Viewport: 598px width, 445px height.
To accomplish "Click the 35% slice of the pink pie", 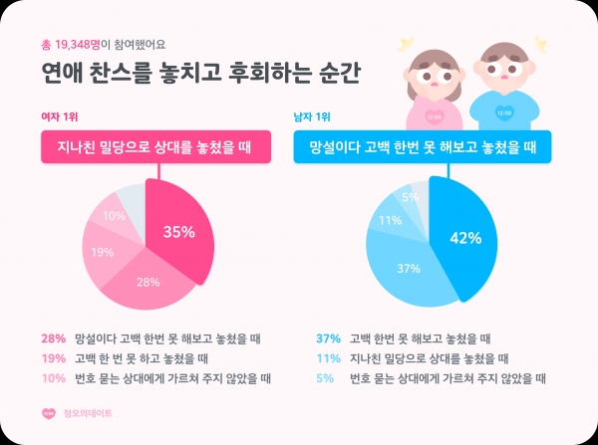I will tap(179, 233).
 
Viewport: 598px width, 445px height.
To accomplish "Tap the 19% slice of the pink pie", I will tap(103, 252).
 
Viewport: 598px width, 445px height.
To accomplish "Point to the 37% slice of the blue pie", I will tap(406, 269).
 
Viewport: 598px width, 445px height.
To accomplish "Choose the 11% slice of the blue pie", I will tap(391, 220).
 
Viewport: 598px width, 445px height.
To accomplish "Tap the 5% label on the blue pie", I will tap(410, 197).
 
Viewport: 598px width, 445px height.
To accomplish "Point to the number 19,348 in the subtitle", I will tap(76, 43).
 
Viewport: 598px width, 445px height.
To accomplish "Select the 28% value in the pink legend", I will tap(53, 338).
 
